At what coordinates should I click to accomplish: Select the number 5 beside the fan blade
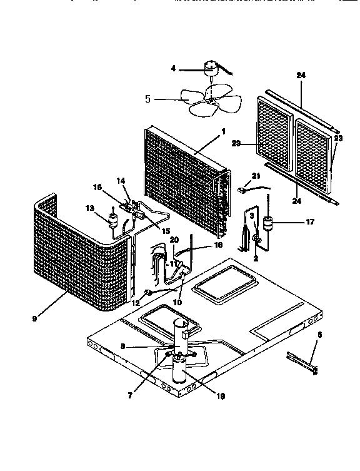point(148,99)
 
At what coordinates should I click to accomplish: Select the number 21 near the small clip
point(256,176)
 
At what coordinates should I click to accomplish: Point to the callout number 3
point(251,216)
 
